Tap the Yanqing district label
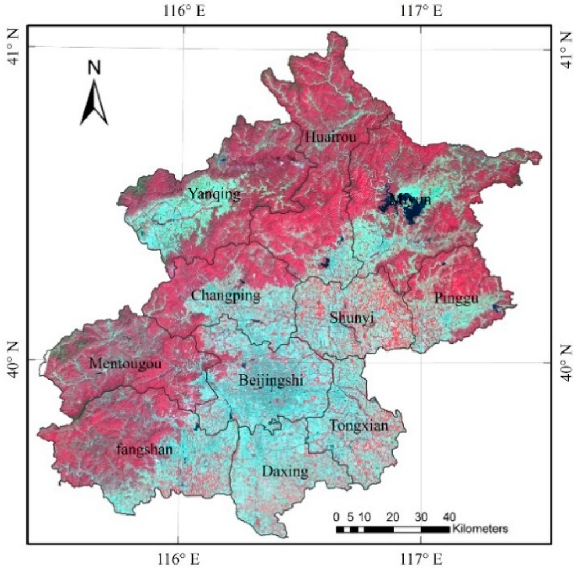pos(214,195)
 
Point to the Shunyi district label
pos(352,319)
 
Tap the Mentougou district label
pos(125,364)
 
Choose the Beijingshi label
pos(271,381)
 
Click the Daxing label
pos(285,471)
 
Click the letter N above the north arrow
pos(94,68)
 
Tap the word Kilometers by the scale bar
pos(480,529)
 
